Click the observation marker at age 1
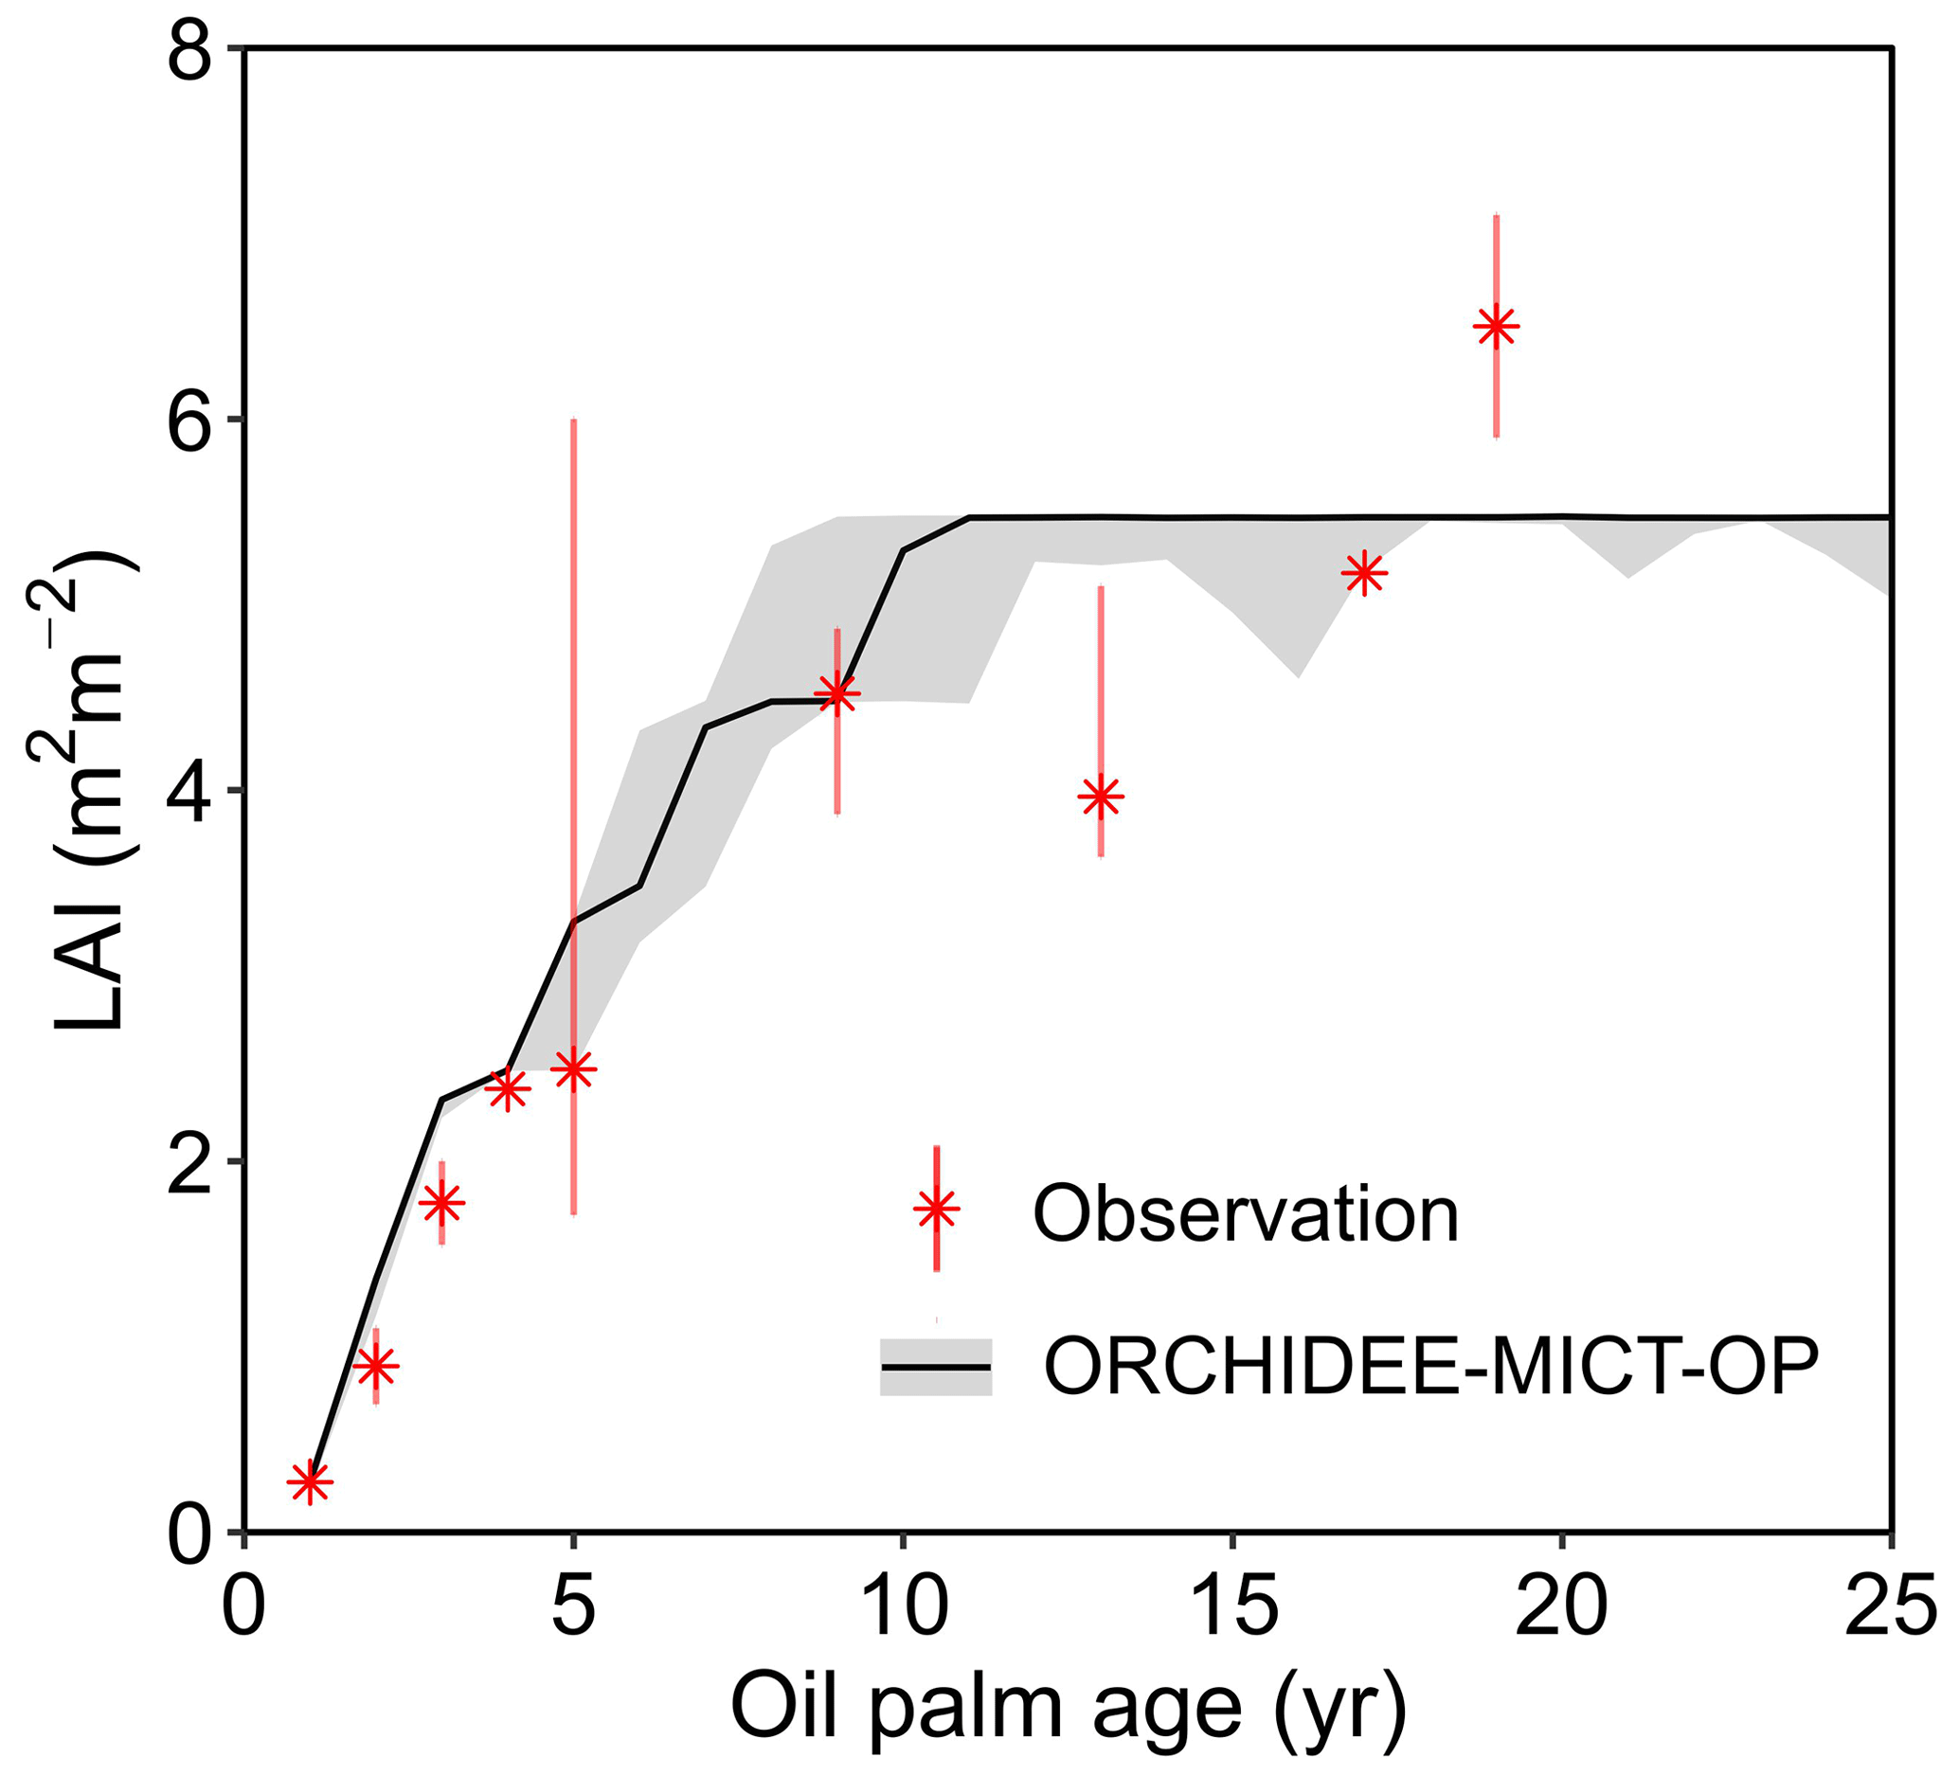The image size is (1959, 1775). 310,1482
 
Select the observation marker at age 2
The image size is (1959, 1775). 376,1367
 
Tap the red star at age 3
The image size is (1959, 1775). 442,1203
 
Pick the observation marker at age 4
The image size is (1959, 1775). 507,1089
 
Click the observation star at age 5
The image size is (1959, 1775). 573,1069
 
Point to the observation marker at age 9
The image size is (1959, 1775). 836,692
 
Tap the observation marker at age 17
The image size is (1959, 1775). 1364,573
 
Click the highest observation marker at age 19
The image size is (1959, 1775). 1496,328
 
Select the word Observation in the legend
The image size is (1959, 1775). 1246,1214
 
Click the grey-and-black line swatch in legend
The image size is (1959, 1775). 936,1367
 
